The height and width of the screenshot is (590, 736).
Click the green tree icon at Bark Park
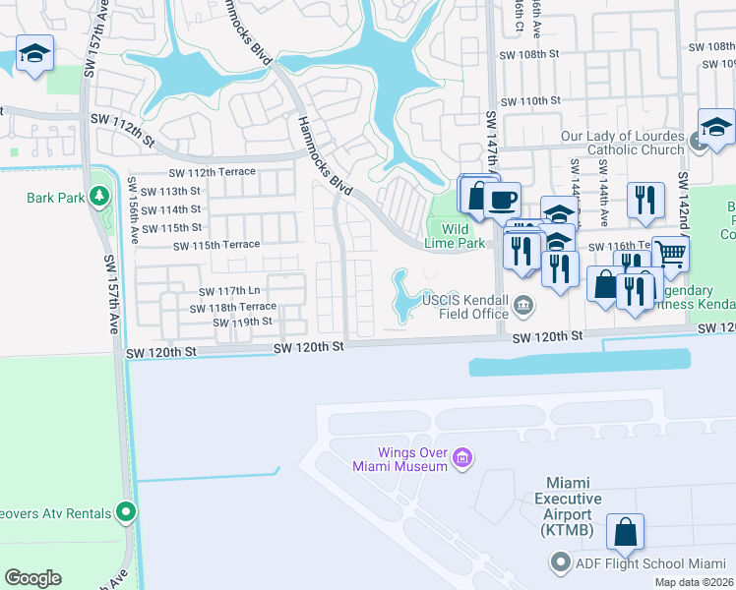point(98,197)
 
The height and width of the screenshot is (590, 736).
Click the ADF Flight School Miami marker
point(561,563)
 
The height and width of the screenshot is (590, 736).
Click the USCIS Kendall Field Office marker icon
point(524,305)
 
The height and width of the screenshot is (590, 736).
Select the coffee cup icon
point(502,200)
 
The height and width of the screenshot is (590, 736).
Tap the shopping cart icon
point(670,254)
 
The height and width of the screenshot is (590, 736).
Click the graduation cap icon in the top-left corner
point(35,54)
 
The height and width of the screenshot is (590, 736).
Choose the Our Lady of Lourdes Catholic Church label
point(622,143)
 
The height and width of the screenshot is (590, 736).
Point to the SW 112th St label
point(124,119)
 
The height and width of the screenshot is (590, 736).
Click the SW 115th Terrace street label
point(216,245)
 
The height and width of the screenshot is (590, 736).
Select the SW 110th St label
point(530,101)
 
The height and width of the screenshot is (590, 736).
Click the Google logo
point(32,578)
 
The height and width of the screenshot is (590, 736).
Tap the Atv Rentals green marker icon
point(126,511)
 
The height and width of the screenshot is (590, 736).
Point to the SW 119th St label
point(242,323)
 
